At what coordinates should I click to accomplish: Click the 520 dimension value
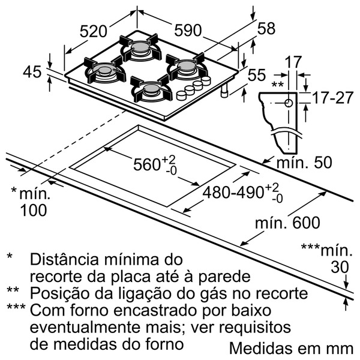click(94, 31)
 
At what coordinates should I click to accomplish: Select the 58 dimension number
click(266, 28)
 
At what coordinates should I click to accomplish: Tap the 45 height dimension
click(33, 71)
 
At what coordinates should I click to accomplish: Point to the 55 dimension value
click(257, 75)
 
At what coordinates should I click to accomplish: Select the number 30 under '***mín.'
click(340, 267)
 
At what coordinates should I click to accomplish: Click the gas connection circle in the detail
click(289, 103)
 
